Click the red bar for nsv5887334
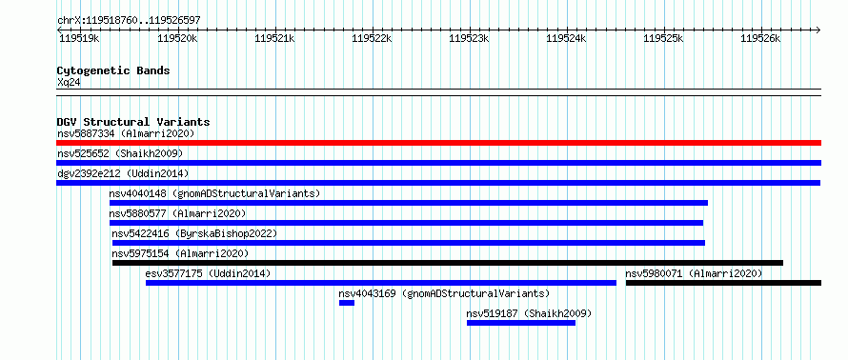pos(438,143)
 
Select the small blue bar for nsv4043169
pos(347,303)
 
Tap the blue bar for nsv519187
pos(521,323)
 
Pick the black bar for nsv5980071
pos(723,283)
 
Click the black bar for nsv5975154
pos(448,263)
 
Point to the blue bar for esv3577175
pos(381,283)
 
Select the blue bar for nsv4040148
pos(409,203)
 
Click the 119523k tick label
pos(469,38)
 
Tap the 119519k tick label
pos(79,38)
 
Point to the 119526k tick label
pos(761,38)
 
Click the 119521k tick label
pos(274,38)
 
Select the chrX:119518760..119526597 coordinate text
pos(129,21)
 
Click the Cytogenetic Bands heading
pos(113,70)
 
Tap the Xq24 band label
pos(69,83)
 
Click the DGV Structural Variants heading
pos(133,122)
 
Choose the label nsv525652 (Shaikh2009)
pos(120,153)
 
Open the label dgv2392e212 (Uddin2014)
pos(123,173)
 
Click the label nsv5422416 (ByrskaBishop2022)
pos(194,233)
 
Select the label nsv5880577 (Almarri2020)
pos(177,213)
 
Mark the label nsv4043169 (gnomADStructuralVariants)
pos(444,294)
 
